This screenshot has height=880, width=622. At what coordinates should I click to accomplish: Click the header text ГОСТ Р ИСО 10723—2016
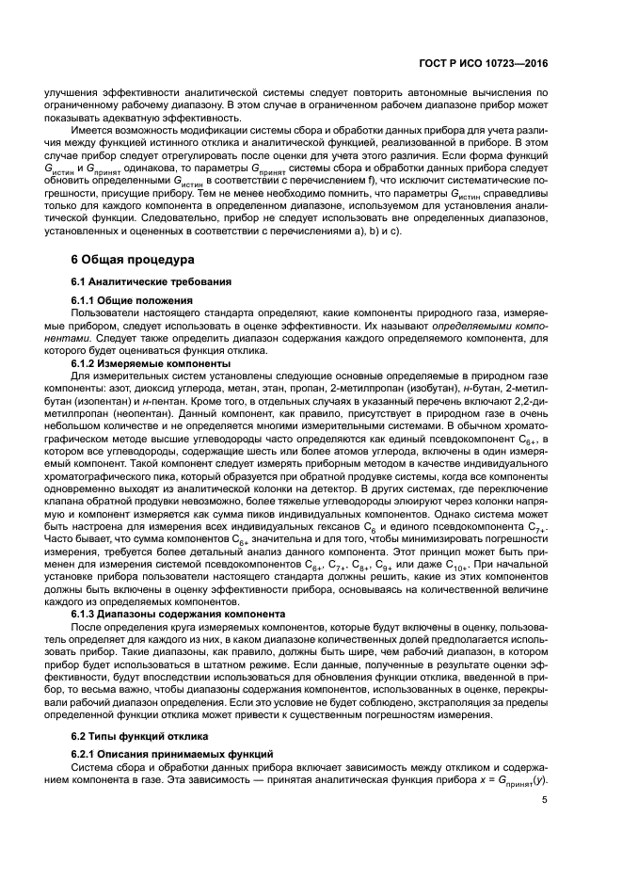click(x=486, y=64)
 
